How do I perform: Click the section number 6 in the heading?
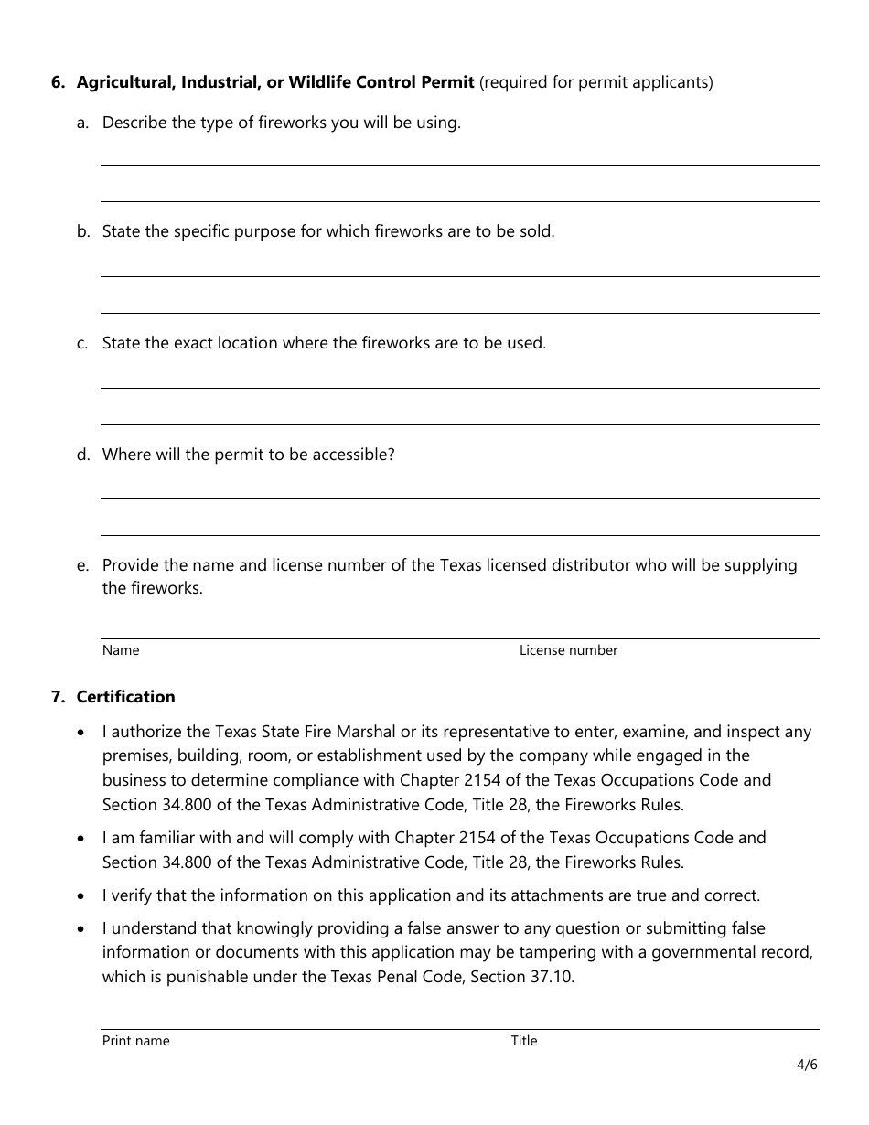pos(58,82)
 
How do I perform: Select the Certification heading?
pos(125,697)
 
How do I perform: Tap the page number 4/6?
pos(807,1065)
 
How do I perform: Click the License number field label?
pos(568,650)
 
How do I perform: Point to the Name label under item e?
pos(121,650)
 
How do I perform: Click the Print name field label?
pos(135,1041)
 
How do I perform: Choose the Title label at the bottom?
pos(524,1041)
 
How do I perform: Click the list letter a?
pos(82,123)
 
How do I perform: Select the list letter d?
pos(82,455)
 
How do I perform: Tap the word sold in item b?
pos(535,231)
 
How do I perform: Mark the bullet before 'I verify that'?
pos(83,895)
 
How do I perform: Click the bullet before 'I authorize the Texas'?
pos(83,732)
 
